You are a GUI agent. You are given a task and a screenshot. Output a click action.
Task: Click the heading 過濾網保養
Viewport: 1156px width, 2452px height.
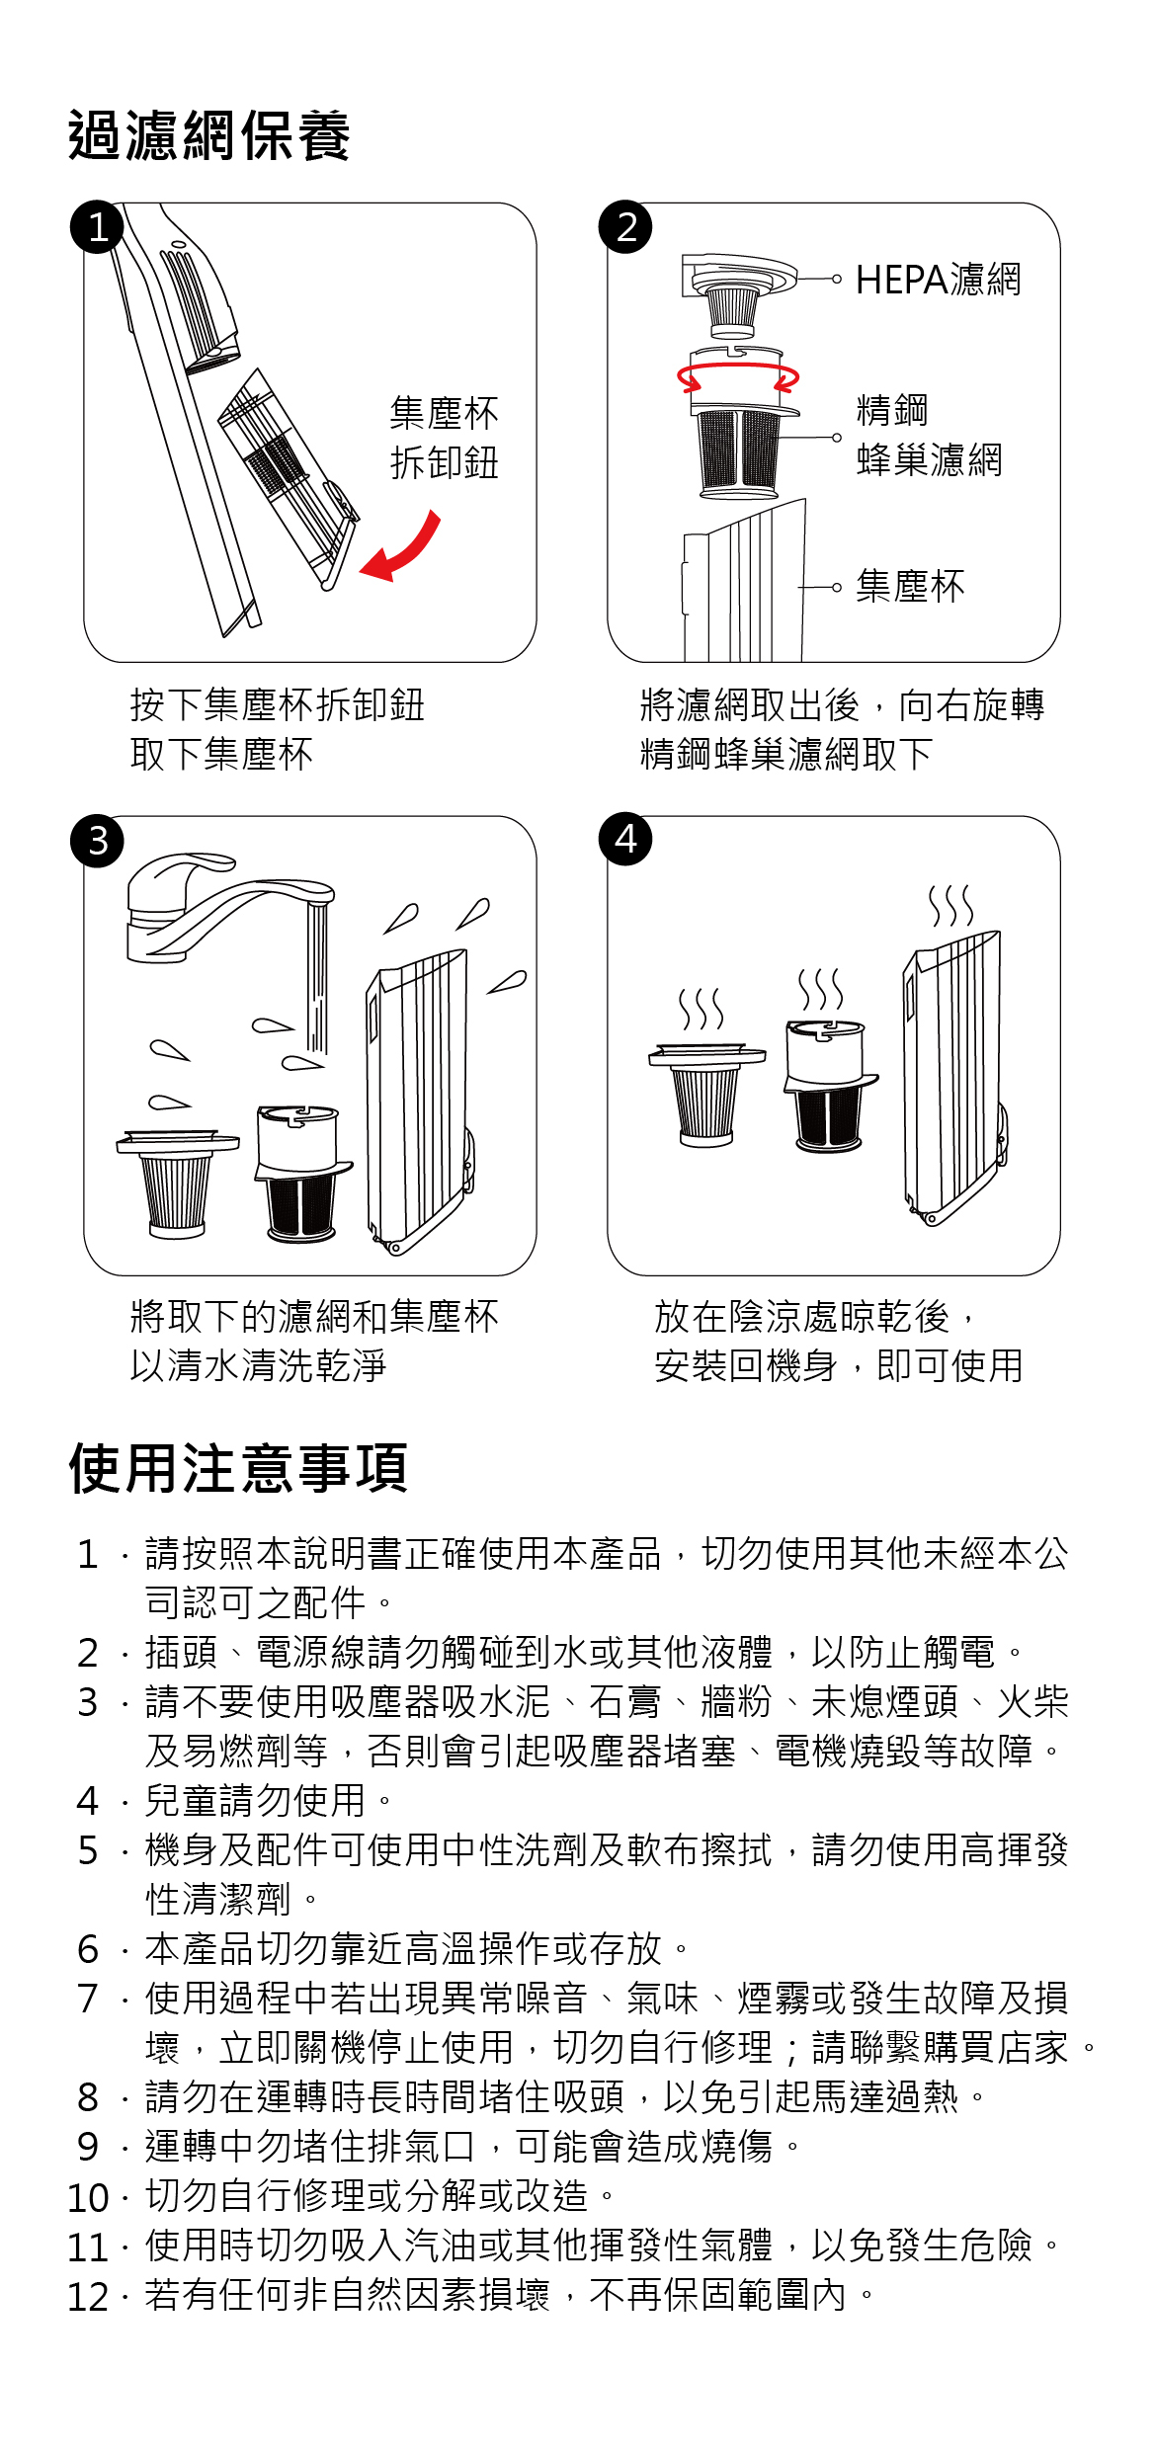tap(209, 135)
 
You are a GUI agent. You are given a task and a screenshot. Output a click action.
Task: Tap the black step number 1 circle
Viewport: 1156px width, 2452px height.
tap(97, 227)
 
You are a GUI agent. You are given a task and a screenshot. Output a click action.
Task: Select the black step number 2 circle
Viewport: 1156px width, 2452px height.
tap(625, 227)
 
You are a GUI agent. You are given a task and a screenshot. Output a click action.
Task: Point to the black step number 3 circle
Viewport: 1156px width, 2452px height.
tap(97, 841)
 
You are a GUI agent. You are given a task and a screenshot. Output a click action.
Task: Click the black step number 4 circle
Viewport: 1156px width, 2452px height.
tap(625, 840)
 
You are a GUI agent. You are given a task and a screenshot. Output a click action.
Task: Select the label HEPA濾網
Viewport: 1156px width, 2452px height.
tap(938, 280)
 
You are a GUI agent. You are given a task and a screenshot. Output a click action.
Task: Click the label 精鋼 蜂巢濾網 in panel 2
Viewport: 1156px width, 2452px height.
tap(929, 435)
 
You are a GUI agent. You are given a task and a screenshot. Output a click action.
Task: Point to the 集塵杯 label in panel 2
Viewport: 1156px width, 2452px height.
tap(910, 586)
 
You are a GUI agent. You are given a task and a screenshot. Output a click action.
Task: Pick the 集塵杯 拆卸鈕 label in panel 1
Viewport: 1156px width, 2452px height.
tap(445, 438)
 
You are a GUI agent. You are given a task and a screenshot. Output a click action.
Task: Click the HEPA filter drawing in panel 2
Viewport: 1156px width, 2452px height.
tap(733, 296)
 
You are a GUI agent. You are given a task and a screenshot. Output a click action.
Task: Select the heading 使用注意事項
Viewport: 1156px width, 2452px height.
tap(238, 1468)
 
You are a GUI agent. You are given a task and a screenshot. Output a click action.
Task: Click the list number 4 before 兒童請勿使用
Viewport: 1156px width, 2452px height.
tap(88, 1801)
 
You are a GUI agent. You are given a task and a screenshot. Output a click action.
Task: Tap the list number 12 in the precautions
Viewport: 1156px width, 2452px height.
tap(87, 2297)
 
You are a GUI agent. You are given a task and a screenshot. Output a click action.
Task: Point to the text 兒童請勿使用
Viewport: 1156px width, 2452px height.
tap(255, 1801)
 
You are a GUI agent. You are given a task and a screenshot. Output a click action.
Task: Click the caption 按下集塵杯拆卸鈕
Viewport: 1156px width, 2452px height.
tap(278, 705)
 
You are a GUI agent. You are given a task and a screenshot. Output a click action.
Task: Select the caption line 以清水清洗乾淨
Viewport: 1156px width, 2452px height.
tap(258, 1365)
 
